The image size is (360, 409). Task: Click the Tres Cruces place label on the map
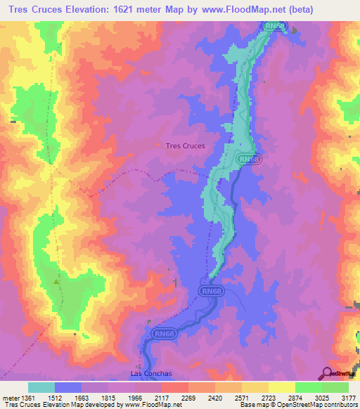[184, 146]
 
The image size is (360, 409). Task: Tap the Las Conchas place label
[151, 374]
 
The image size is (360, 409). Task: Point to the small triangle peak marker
[57, 281]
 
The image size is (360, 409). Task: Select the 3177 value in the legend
[349, 397]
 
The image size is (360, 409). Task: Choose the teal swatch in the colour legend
[41, 387]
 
